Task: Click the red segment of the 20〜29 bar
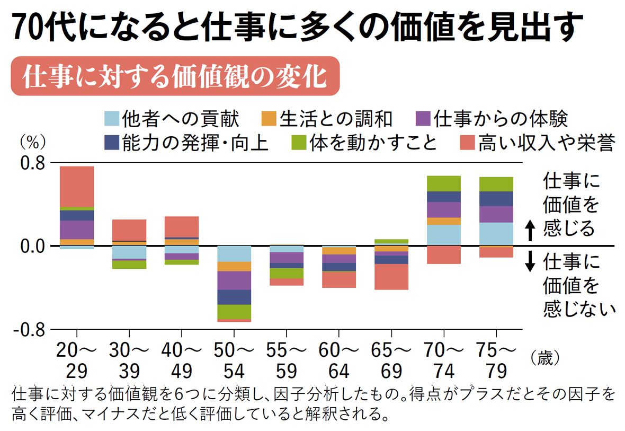[x=77, y=186]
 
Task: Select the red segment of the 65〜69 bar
[x=391, y=277]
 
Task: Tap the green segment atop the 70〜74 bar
[x=443, y=183]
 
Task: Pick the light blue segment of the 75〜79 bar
[x=496, y=233]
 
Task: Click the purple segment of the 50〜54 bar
[x=234, y=280]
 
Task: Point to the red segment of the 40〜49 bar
[x=182, y=226]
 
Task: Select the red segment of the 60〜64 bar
[x=339, y=279]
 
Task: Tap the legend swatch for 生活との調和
[x=269, y=118]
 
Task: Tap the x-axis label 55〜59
[x=287, y=359]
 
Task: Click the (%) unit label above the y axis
[x=33, y=142]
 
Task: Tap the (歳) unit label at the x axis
[x=545, y=358]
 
